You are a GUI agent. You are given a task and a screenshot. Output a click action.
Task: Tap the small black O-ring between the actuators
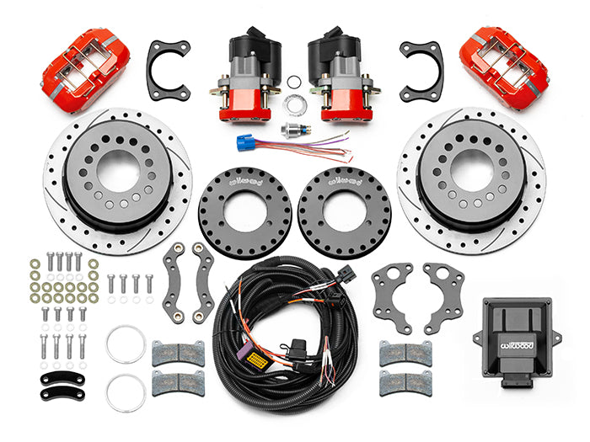[293, 82]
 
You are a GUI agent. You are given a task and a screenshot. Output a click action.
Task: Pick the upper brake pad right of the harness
[405, 353]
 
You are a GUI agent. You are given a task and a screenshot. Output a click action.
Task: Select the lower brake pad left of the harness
[178, 382]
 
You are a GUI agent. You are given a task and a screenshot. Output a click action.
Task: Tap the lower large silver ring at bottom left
[126, 393]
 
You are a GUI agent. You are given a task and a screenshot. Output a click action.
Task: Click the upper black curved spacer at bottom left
[62, 376]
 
